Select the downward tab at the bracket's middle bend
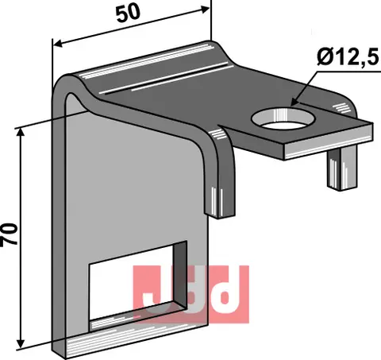point(221,191)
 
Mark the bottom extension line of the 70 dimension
point(40,350)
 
